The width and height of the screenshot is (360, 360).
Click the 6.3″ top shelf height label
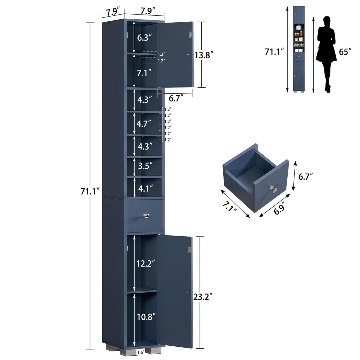(x=144, y=37)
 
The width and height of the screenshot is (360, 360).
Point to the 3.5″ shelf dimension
(x=145, y=165)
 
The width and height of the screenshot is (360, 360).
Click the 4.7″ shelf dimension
(x=144, y=123)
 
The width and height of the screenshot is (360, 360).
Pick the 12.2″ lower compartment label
(x=146, y=263)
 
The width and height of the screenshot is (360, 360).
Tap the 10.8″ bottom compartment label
(x=146, y=317)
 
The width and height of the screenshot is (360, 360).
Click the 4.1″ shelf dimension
(x=145, y=187)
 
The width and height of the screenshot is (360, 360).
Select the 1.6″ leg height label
(x=141, y=352)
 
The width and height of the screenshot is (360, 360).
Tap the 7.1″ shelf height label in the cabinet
(x=144, y=73)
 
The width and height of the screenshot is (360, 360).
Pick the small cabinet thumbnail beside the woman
(x=299, y=49)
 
